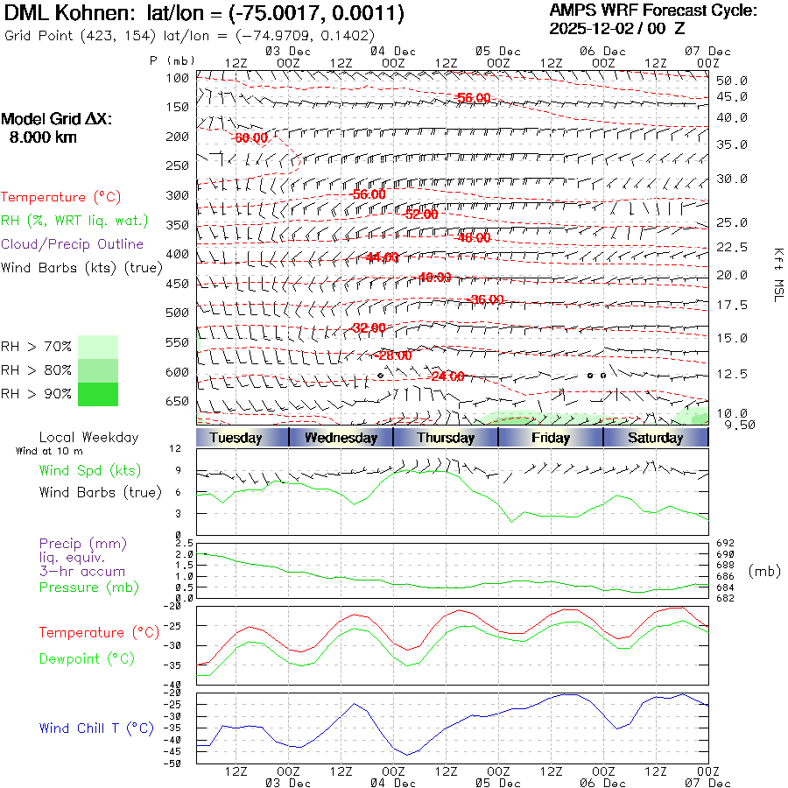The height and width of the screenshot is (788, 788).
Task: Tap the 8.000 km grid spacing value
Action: (x=42, y=137)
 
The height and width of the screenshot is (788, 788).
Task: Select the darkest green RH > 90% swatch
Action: (x=97, y=394)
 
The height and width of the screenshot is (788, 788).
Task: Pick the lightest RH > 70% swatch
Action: (x=97, y=347)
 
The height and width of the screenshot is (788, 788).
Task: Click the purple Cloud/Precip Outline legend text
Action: (x=72, y=243)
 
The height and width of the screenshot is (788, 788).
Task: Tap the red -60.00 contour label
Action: (x=250, y=138)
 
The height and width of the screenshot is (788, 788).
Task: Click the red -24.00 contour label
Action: (x=447, y=376)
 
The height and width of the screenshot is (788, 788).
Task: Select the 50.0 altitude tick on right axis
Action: (x=731, y=81)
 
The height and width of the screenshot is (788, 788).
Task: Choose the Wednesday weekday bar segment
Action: (x=341, y=438)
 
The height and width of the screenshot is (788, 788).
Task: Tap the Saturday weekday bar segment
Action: (x=656, y=438)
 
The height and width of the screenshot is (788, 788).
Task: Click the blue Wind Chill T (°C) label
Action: (x=95, y=728)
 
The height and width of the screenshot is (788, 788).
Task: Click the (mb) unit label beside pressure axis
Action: (x=765, y=571)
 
